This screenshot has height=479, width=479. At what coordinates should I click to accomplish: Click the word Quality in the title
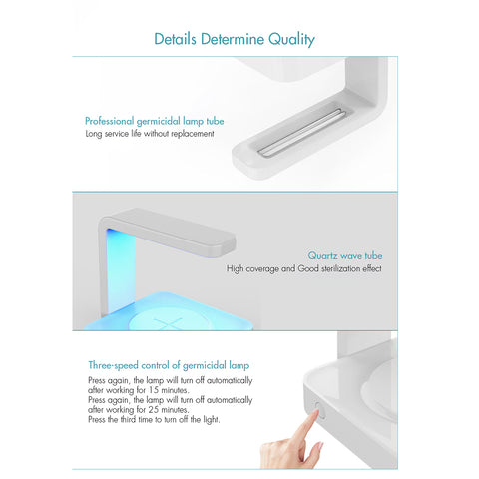[x=291, y=40]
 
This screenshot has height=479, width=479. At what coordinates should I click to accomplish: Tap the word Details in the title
[x=175, y=39]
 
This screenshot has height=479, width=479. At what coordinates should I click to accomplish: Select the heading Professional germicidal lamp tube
[x=155, y=121]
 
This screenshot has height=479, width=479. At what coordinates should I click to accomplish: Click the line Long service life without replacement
[x=150, y=134]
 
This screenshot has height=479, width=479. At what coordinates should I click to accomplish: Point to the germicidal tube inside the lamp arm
[x=300, y=132]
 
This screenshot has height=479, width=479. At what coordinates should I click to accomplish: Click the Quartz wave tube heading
[x=345, y=255]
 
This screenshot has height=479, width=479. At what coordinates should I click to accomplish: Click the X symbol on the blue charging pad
[x=168, y=323]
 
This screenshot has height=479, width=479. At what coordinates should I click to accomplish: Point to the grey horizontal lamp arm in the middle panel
[x=168, y=232]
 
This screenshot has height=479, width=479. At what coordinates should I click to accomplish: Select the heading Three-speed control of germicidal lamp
[x=169, y=365]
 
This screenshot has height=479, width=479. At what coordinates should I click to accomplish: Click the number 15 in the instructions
[x=154, y=390]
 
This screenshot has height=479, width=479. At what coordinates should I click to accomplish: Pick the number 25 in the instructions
[x=154, y=409]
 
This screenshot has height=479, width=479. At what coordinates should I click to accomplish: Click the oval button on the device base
[x=318, y=410]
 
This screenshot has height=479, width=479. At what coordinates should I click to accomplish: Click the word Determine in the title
[x=233, y=39]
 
